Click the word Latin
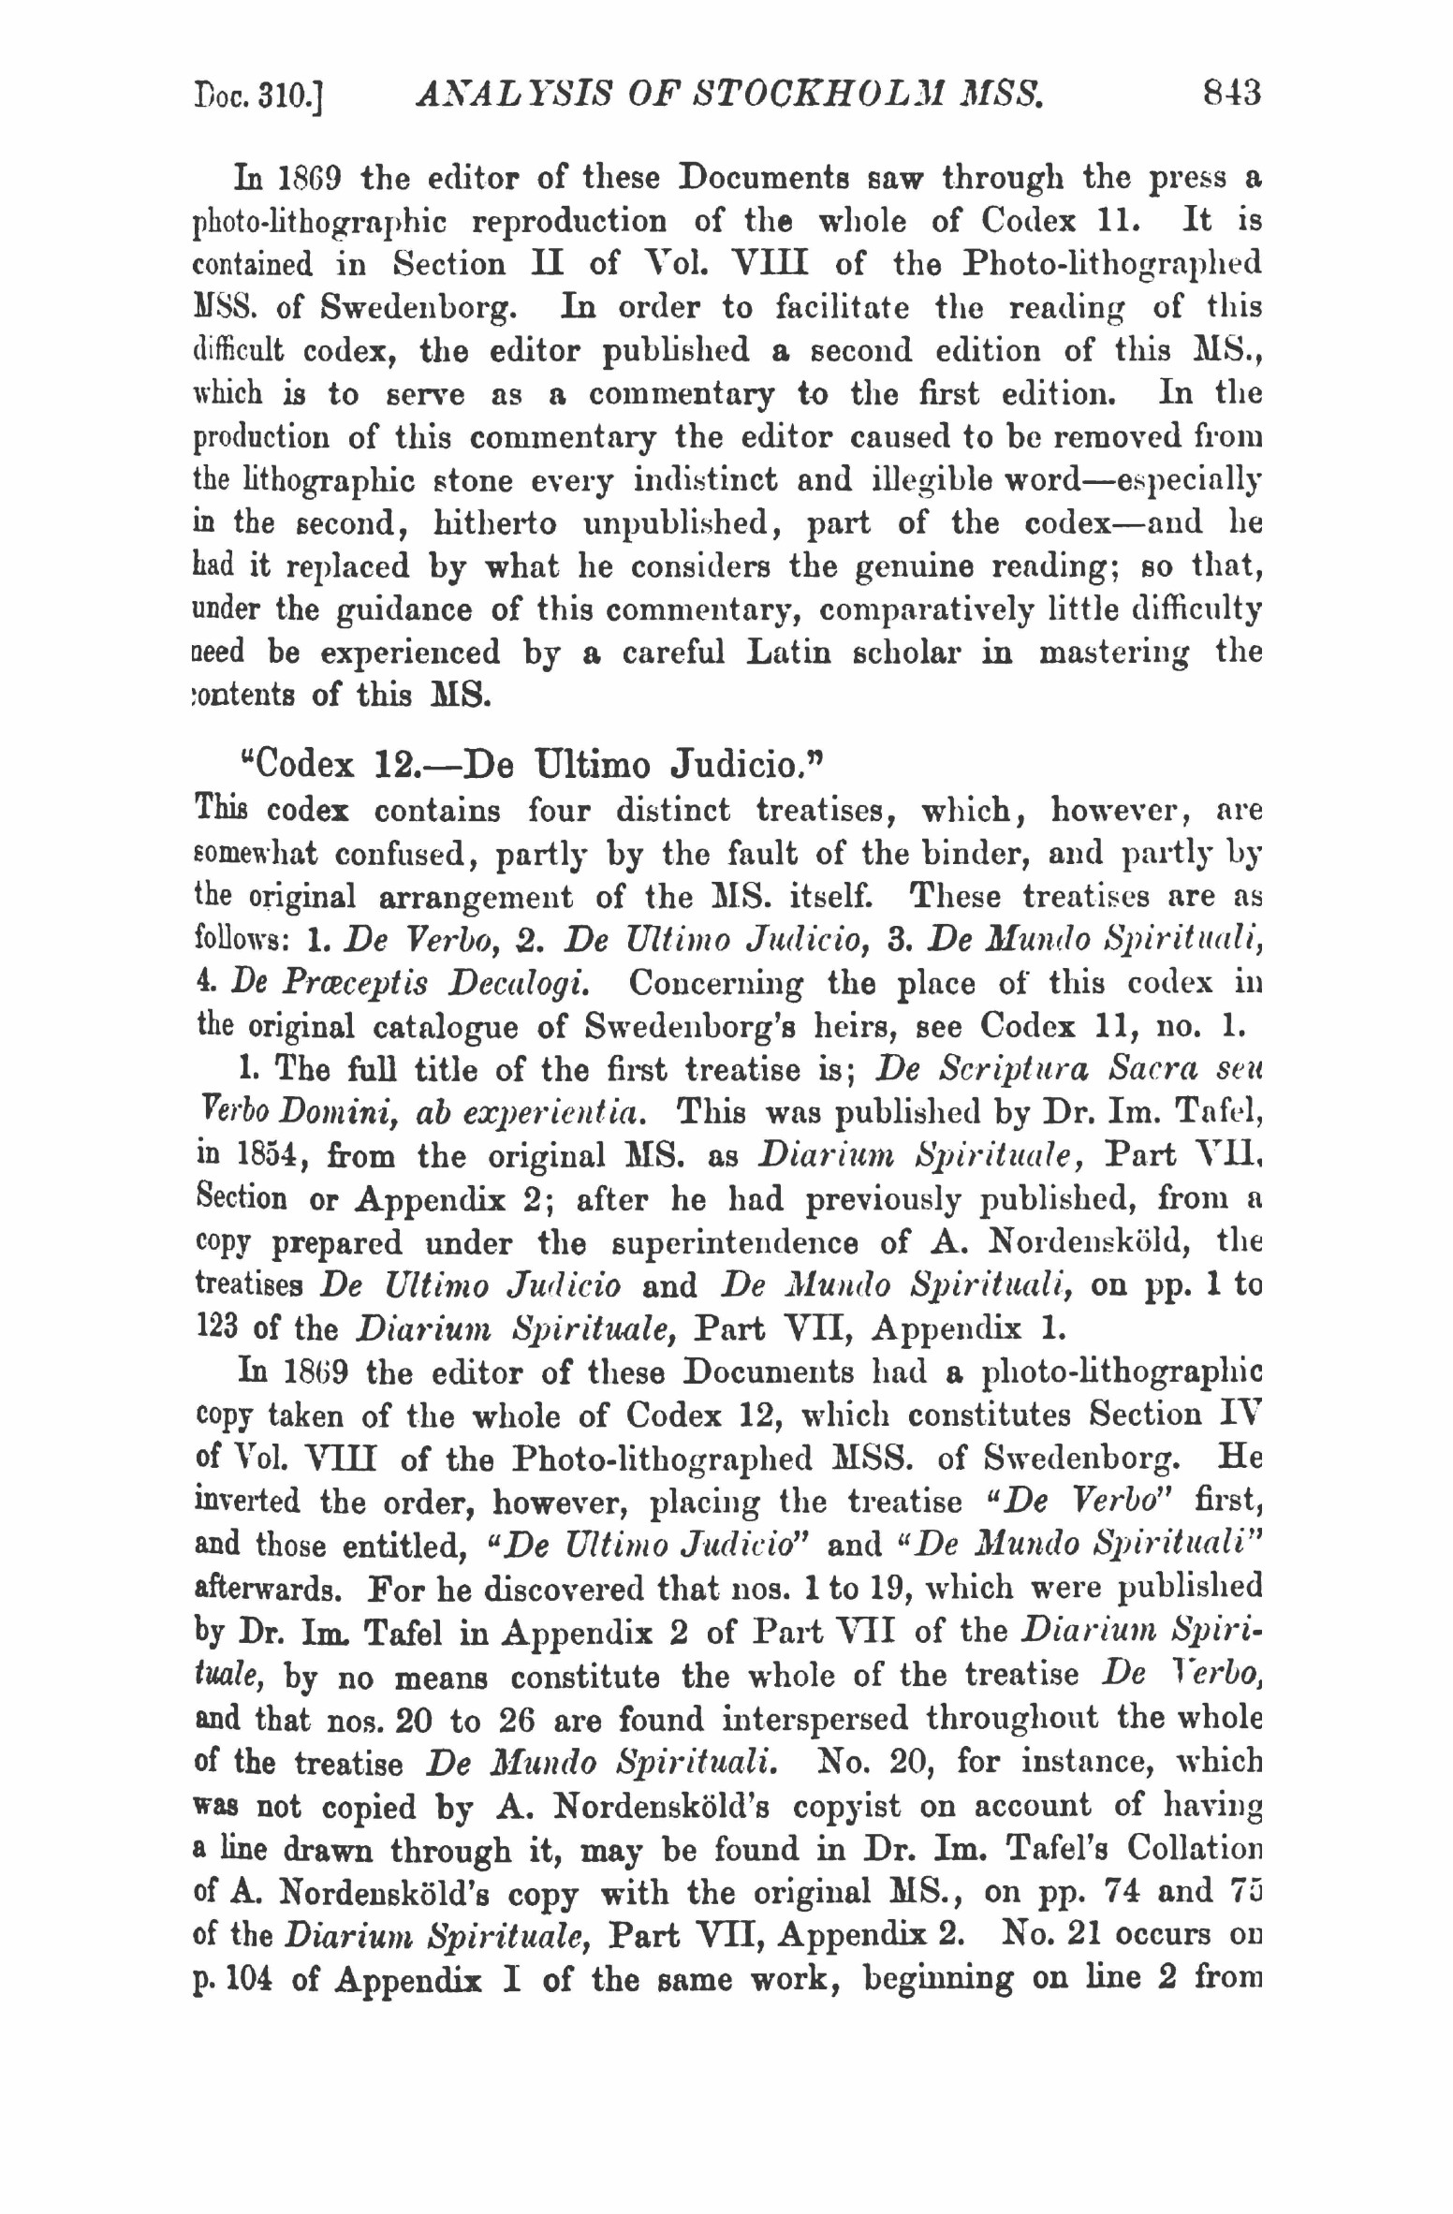point(788,652)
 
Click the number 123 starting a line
point(219,1328)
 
